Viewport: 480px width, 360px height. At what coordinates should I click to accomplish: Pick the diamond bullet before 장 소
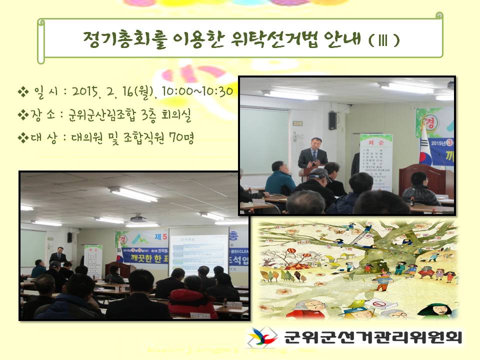pos(23,115)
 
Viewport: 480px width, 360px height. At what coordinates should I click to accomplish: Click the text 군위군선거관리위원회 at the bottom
pos(373,337)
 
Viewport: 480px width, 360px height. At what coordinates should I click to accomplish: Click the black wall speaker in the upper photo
pos(332,120)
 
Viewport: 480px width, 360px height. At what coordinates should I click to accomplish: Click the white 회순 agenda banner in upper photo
pos(376,162)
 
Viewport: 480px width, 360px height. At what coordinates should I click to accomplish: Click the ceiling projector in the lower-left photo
pos(138,218)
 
